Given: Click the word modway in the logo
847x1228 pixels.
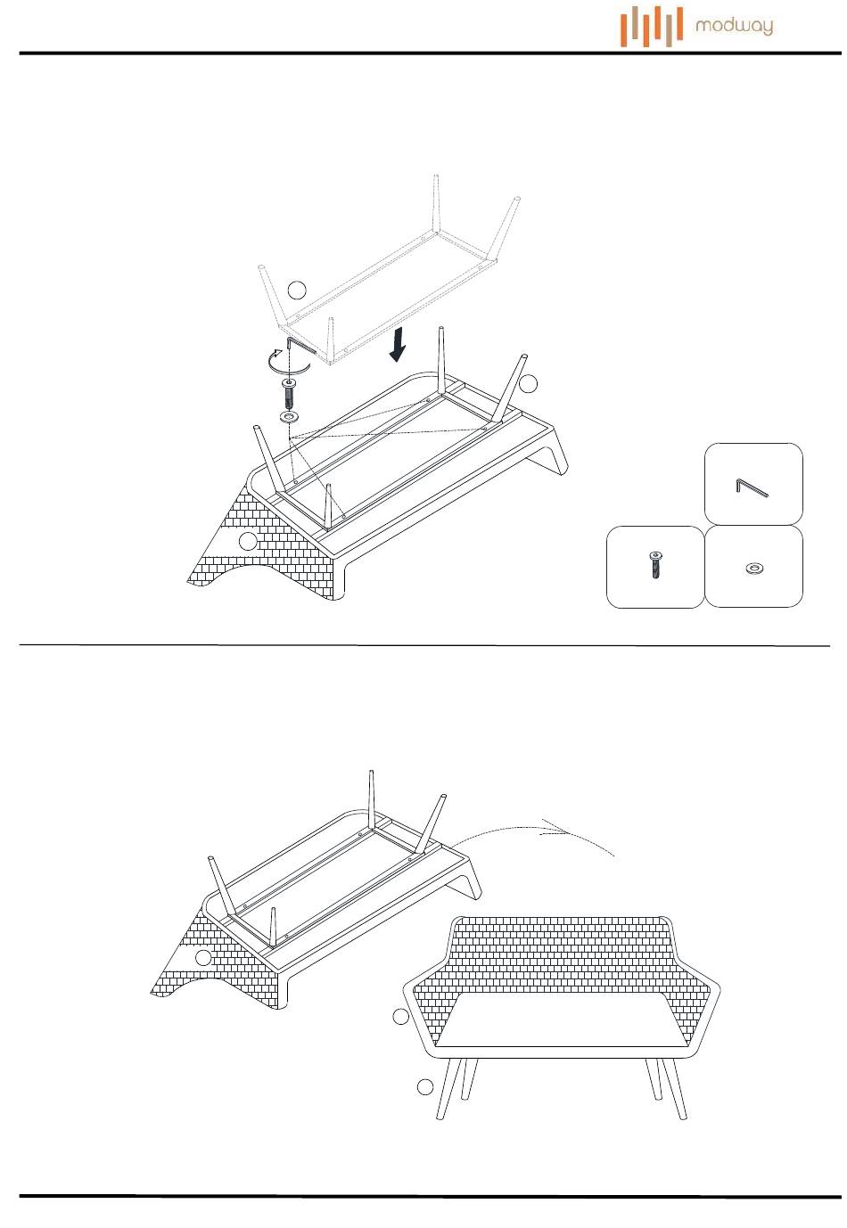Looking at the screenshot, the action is tap(734, 26).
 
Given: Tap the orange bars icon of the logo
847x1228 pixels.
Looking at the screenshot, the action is tap(652, 27).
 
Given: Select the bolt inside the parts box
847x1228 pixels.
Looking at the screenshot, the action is tap(655, 565).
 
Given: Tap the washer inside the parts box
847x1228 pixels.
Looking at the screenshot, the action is tap(753, 568).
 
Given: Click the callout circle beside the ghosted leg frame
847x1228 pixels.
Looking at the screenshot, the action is tap(297, 290).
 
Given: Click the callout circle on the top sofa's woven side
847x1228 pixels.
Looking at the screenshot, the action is tap(248, 541).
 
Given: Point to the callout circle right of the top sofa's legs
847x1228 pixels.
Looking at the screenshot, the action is tap(529, 384).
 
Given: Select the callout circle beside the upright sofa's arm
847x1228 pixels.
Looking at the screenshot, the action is tap(401, 1017).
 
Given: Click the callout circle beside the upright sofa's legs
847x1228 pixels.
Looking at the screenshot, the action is tap(425, 1087).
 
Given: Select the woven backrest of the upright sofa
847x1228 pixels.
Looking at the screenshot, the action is tap(561, 954).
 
